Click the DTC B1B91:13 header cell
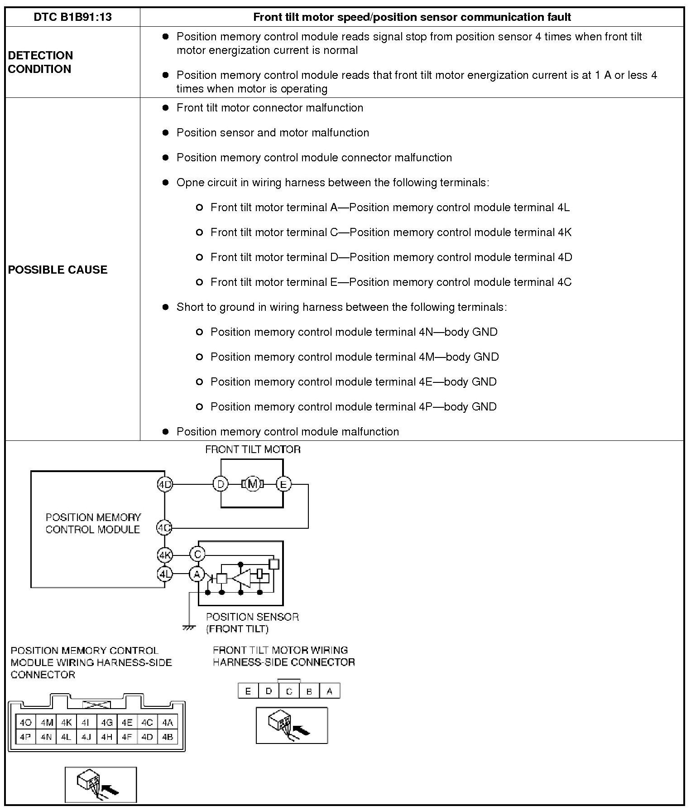pos(72,17)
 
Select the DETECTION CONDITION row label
pos(40,62)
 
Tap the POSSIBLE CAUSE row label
pos(58,270)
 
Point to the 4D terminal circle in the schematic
pos(165,484)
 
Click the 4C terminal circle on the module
pos(164,528)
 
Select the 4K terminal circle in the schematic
pos(165,555)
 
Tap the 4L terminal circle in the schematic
pos(165,574)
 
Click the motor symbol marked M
pos(253,484)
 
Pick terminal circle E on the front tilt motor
pos(283,484)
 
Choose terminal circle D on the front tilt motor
pos(221,484)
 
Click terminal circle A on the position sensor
pos(197,574)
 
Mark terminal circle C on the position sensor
pos(197,554)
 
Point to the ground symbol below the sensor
pos(188,628)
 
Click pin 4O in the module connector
pos(25,723)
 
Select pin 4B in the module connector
pos(168,737)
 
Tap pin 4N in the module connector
pos(46,737)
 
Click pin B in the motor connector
pos(309,691)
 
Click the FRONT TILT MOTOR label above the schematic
pos(253,449)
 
